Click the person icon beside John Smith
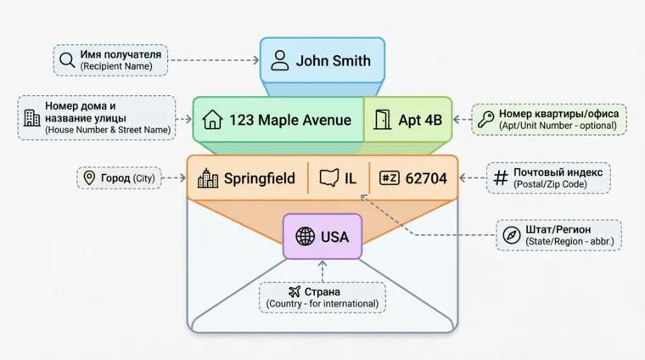click(280, 61)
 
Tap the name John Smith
click(334, 61)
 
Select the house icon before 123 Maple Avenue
click(212, 120)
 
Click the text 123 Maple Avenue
click(290, 120)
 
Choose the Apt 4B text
click(420, 120)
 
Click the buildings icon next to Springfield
click(208, 178)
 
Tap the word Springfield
click(260, 178)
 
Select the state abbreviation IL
click(351, 178)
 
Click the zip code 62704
click(426, 178)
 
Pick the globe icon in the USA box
click(305, 237)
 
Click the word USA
click(334, 237)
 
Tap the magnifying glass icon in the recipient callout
click(67, 59)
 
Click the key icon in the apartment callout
click(485, 119)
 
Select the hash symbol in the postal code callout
click(500, 177)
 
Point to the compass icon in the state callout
click(511, 235)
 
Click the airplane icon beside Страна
click(294, 291)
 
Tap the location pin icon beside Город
click(88, 178)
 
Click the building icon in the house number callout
click(31, 118)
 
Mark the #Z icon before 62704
click(390, 178)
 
